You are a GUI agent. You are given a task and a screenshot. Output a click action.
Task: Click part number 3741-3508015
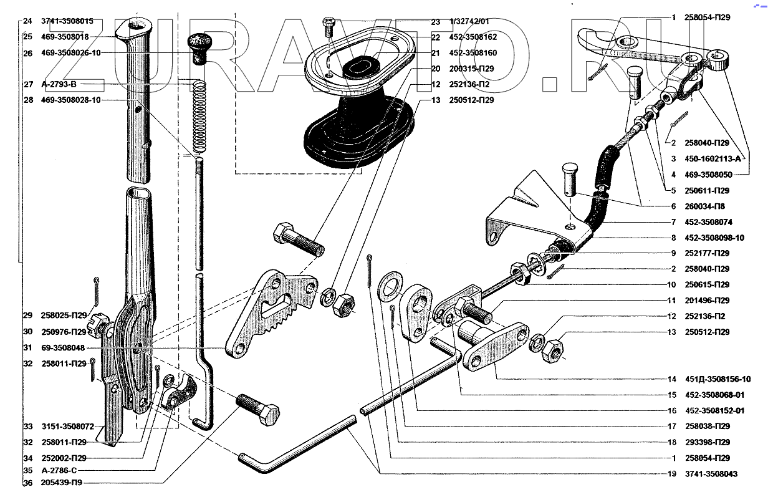pyautogui.click(x=67, y=21)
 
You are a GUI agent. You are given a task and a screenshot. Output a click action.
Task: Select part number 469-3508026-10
pyautogui.click(x=71, y=53)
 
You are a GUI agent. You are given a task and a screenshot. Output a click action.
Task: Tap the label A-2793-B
pyautogui.click(x=59, y=84)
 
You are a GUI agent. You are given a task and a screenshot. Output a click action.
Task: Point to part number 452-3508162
pyautogui.click(x=473, y=37)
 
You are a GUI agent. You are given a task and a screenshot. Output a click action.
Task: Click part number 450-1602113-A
pyautogui.click(x=713, y=159)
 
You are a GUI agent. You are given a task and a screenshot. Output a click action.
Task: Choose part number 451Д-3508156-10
pyautogui.click(x=718, y=379)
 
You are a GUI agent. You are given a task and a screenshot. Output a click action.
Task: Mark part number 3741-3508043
pyautogui.click(x=711, y=474)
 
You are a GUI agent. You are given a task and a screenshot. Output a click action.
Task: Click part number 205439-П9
pyautogui.click(x=61, y=483)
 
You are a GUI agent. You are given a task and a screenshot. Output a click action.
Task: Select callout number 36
pyautogui.click(x=28, y=483)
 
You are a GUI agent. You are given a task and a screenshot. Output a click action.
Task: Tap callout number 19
pyautogui.click(x=671, y=474)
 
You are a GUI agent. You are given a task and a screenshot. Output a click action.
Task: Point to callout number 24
pyautogui.click(x=27, y=21)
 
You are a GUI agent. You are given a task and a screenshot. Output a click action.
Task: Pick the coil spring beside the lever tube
pyautogui.click(x=199, y=116)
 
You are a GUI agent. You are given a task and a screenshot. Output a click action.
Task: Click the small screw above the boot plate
pyautogui.click(x=329, y=26)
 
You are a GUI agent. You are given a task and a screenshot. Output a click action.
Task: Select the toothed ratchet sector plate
pyautogui.click(x=271, y=313)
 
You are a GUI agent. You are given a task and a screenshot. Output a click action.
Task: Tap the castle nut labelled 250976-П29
pyautogui.click(x=97, y=325)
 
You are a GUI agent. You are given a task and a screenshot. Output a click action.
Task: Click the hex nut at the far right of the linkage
pyautogui.click(x=553, y=350)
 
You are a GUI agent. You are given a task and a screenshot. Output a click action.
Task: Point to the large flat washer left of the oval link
pyautogui.click(x=390, y=287)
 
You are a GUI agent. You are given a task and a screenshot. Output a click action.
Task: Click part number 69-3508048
pyautogui.click(x=63, y=348)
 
